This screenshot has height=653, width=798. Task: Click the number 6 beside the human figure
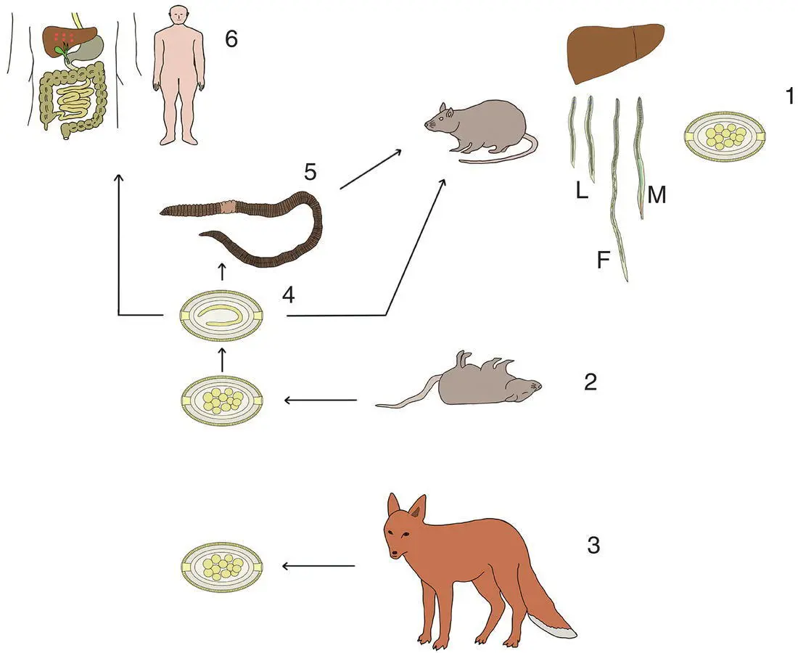(231, 38)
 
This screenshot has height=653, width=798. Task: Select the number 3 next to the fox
(593, 546)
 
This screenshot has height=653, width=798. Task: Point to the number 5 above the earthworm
(310, 172)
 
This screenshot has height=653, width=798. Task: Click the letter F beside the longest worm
(603, 260)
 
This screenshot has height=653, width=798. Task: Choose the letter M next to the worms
(657, 195)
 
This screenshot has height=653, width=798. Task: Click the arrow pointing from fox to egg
(318, 566)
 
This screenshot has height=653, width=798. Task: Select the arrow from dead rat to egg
(320, 400)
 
